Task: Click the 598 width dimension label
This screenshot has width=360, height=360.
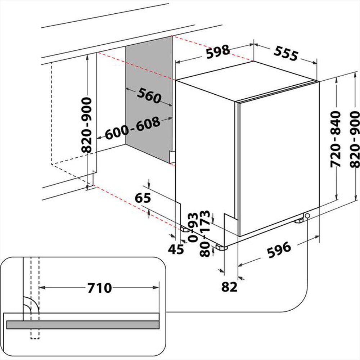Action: (x=218, y=51)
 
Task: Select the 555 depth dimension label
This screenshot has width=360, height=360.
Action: (x=285, y=53)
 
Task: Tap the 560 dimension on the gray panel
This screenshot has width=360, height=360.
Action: (x=148, y=95)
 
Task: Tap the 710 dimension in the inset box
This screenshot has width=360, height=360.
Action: (x=99, y=288)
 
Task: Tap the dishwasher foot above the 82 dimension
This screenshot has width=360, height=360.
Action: (x=221, y=248)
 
